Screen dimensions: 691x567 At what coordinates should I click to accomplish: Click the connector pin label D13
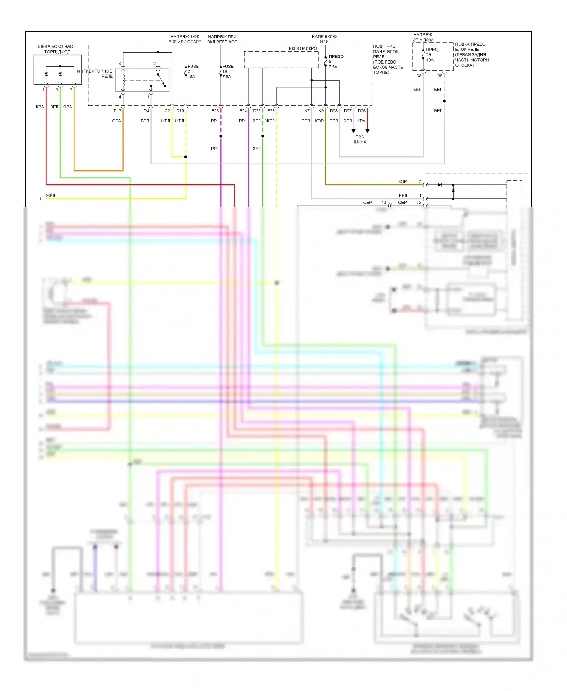coord(117,111)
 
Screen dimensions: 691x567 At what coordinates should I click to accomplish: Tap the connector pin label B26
coord(215,111)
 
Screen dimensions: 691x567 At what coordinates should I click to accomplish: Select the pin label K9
coord(321,111)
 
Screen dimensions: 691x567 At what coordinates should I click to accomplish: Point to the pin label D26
coord(362,111)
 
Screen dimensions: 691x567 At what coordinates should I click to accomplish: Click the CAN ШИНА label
coord(360,139)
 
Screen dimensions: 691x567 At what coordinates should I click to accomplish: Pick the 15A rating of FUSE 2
coord(191,77)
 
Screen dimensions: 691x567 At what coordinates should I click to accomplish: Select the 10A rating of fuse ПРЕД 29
coord(430,60)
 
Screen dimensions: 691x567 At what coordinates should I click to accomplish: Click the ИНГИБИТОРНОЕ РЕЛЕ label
coord(95,73)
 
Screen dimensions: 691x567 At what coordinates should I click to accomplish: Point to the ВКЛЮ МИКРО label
coord(303,48)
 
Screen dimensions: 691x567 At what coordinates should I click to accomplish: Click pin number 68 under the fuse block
coord(419,76)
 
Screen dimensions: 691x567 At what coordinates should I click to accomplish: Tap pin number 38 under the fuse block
coord(440,76)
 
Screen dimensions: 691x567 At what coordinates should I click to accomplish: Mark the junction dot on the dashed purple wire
coord(221,136)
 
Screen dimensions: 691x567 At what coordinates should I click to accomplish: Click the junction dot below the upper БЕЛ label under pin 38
coord(444,101)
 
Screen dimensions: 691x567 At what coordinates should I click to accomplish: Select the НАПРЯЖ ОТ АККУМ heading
coord(423,37)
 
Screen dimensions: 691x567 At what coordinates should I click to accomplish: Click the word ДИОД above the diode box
coord(64,52)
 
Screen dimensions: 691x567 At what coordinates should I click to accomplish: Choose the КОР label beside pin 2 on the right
coord(402,181)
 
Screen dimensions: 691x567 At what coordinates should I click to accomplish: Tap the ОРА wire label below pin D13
coord(116,121)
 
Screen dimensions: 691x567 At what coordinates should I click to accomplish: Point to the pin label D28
coord(333,111)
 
